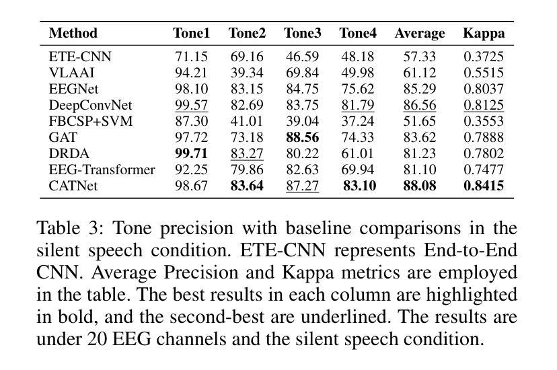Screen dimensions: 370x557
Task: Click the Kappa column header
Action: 483,33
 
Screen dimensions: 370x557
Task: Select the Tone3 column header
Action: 302,33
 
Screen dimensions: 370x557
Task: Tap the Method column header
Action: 73,33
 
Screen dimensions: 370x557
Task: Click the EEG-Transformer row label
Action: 102,170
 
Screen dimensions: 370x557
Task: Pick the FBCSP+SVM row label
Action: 91,121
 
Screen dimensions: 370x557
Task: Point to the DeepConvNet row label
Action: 90,105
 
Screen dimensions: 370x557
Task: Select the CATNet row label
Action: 73,186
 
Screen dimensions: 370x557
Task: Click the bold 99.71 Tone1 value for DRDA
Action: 192,153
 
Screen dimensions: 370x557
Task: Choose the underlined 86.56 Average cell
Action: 419,105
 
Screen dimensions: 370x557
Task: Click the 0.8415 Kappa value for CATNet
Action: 483,186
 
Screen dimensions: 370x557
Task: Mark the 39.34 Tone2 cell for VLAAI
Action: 247,73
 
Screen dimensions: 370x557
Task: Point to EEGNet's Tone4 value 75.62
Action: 357,89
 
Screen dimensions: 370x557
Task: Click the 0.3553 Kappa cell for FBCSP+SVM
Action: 483,121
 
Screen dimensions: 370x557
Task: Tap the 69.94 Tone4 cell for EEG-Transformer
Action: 357,170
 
